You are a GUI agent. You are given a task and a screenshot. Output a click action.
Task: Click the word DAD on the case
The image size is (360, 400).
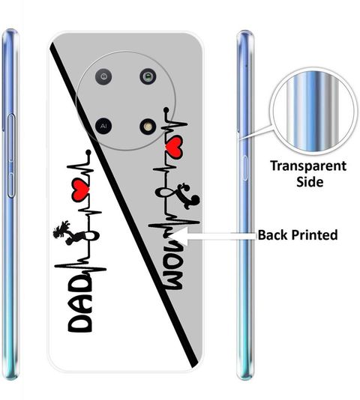(79, 304)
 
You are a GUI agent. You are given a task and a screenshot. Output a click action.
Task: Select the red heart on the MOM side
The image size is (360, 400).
(173, 148)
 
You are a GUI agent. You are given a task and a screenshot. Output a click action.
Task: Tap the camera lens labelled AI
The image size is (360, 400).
(103, 126)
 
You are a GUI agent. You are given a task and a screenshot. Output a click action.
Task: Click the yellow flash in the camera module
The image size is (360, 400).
(148, 127)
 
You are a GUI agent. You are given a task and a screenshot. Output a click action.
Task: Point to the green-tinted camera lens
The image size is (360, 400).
(148, 76)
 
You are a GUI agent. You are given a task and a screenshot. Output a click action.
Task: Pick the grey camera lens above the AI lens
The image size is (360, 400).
(103, 76)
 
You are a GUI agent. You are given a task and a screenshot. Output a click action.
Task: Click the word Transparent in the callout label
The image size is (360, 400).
(308, 166)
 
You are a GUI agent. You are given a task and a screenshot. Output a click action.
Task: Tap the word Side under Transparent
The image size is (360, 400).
(310, 181)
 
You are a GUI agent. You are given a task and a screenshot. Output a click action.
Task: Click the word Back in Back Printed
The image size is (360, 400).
(272, 234)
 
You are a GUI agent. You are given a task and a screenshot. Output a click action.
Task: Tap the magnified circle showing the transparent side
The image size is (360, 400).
(313, 111)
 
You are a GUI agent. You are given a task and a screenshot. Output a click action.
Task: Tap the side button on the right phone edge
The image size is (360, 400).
(244, 168)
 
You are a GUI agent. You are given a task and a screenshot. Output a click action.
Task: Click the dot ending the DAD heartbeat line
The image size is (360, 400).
(88, 153)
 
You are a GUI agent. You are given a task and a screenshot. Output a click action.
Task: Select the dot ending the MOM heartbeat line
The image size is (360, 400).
(166, 110)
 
